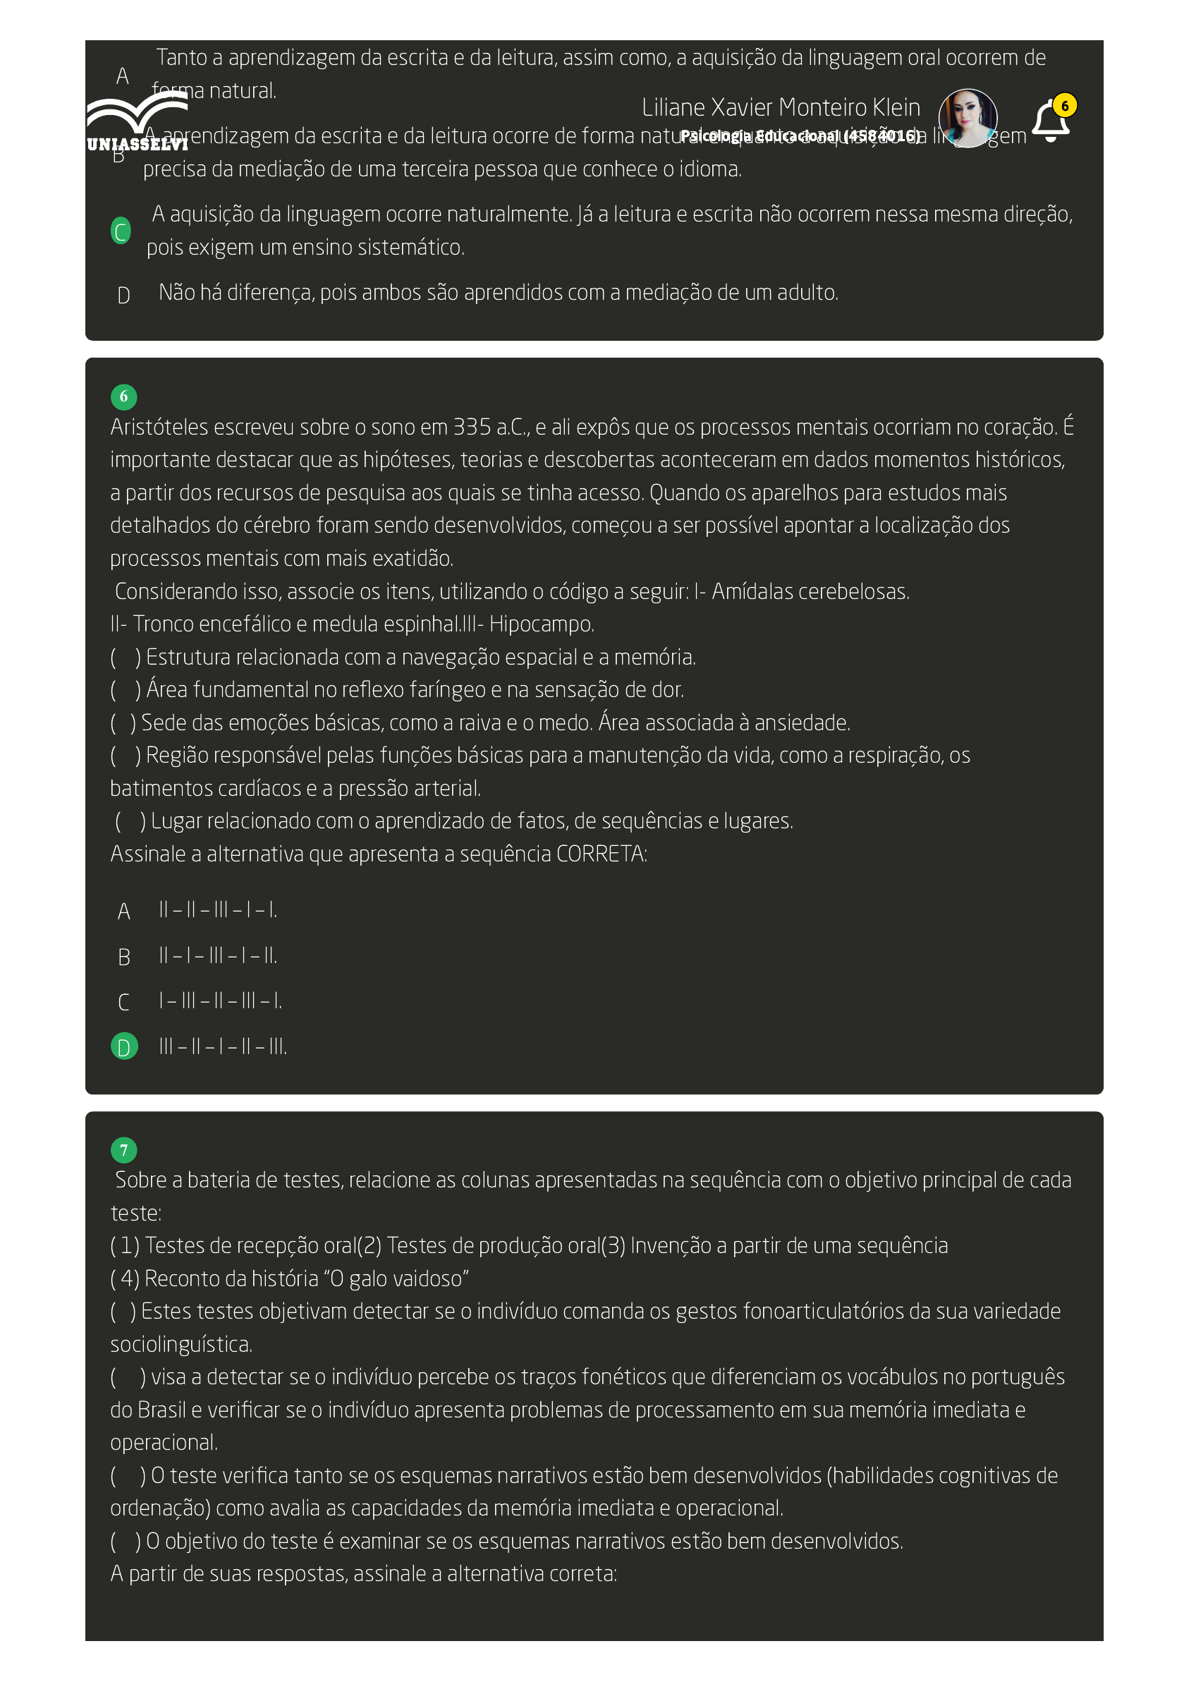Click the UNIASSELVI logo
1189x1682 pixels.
coord(137,122)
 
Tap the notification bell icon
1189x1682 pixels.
coord(1050,121)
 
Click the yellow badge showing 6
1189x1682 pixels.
coord(1066,106)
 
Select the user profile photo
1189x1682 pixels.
coord(968,118)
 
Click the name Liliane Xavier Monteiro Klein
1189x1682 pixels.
coord(781,108)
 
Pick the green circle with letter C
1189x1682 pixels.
coord(121,231)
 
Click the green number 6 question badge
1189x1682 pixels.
coord(123,397)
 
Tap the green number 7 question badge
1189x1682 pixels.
coord(123,1150)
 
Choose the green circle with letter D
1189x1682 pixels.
coord(123,1047)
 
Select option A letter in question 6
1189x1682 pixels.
coord(123,912)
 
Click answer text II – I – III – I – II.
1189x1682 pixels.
coord(218,956)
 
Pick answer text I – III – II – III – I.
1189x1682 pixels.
coord(220,1001)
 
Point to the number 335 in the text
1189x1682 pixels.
coord(472,427)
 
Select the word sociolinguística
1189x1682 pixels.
coord(181,1344)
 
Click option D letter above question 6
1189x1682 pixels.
coord(123,295)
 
